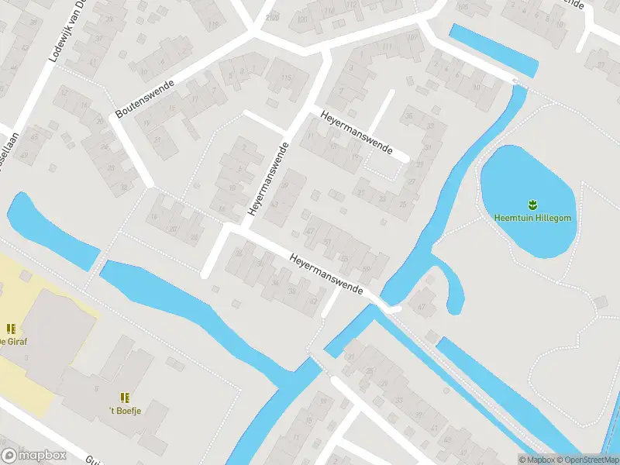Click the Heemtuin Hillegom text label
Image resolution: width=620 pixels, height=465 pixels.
(x=533, y=218)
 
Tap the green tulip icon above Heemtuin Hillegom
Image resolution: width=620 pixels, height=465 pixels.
(x=533, y=205)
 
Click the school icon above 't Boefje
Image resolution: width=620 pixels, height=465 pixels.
(x=125, y=398)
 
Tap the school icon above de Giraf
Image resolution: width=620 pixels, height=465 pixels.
(x=12, y=329)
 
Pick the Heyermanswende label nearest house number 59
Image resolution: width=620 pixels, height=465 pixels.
(x=326, y=273)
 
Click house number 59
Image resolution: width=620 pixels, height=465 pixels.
(x=365, y=269)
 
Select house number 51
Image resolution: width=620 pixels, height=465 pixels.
(x=327, y=242)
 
